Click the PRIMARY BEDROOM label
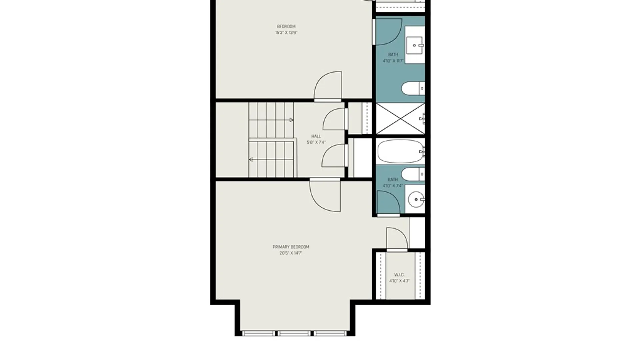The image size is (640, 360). [291, 247]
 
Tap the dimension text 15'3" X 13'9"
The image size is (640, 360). [286, 33]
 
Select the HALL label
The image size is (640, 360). [316, 136]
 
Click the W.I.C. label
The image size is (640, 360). [399, 275]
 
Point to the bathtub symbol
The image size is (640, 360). [400, 151]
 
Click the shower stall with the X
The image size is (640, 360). [400, 119]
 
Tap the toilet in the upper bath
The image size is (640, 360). [412, 89]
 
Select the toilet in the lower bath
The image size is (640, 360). [412, 174]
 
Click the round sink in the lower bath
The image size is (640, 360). [416, 199]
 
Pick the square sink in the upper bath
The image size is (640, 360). [415, 45]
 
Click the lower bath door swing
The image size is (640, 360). [388, 202]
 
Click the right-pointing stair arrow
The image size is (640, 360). [291, 120]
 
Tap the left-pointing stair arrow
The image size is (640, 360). [251, 160]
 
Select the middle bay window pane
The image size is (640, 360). [295, 333]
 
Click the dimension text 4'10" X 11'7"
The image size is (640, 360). [393, 61]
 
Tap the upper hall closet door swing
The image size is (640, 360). [334, 119]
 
